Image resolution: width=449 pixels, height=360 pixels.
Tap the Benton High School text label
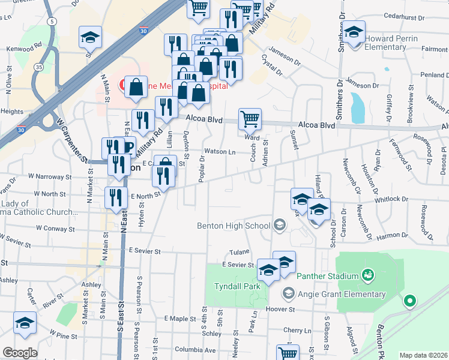(x=233, y=226)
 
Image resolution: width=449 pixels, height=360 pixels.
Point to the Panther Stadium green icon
(x=368, y=276)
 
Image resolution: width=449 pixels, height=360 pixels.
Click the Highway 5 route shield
(x=53, y=22)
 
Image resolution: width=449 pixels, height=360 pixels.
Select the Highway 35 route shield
(x=39, y=67)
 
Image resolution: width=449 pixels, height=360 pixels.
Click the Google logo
(x=20, y=352)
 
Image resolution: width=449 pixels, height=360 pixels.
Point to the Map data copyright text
(x=423, y=355)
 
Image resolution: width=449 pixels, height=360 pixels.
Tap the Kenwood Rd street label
(x=25, y=46)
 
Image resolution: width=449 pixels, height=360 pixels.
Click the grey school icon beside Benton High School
(x=279, y=226)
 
